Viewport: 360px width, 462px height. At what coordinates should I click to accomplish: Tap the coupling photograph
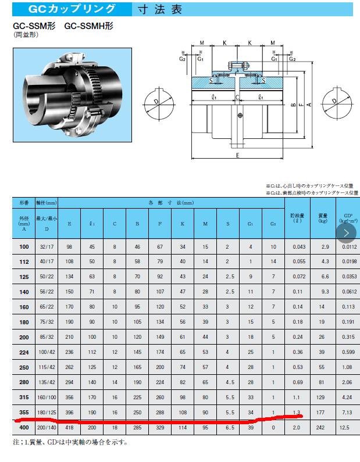tap(72, 88)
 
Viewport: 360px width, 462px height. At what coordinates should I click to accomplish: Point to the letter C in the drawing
tap(237, 96)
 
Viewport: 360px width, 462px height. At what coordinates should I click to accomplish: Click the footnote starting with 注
tap(69, 442)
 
